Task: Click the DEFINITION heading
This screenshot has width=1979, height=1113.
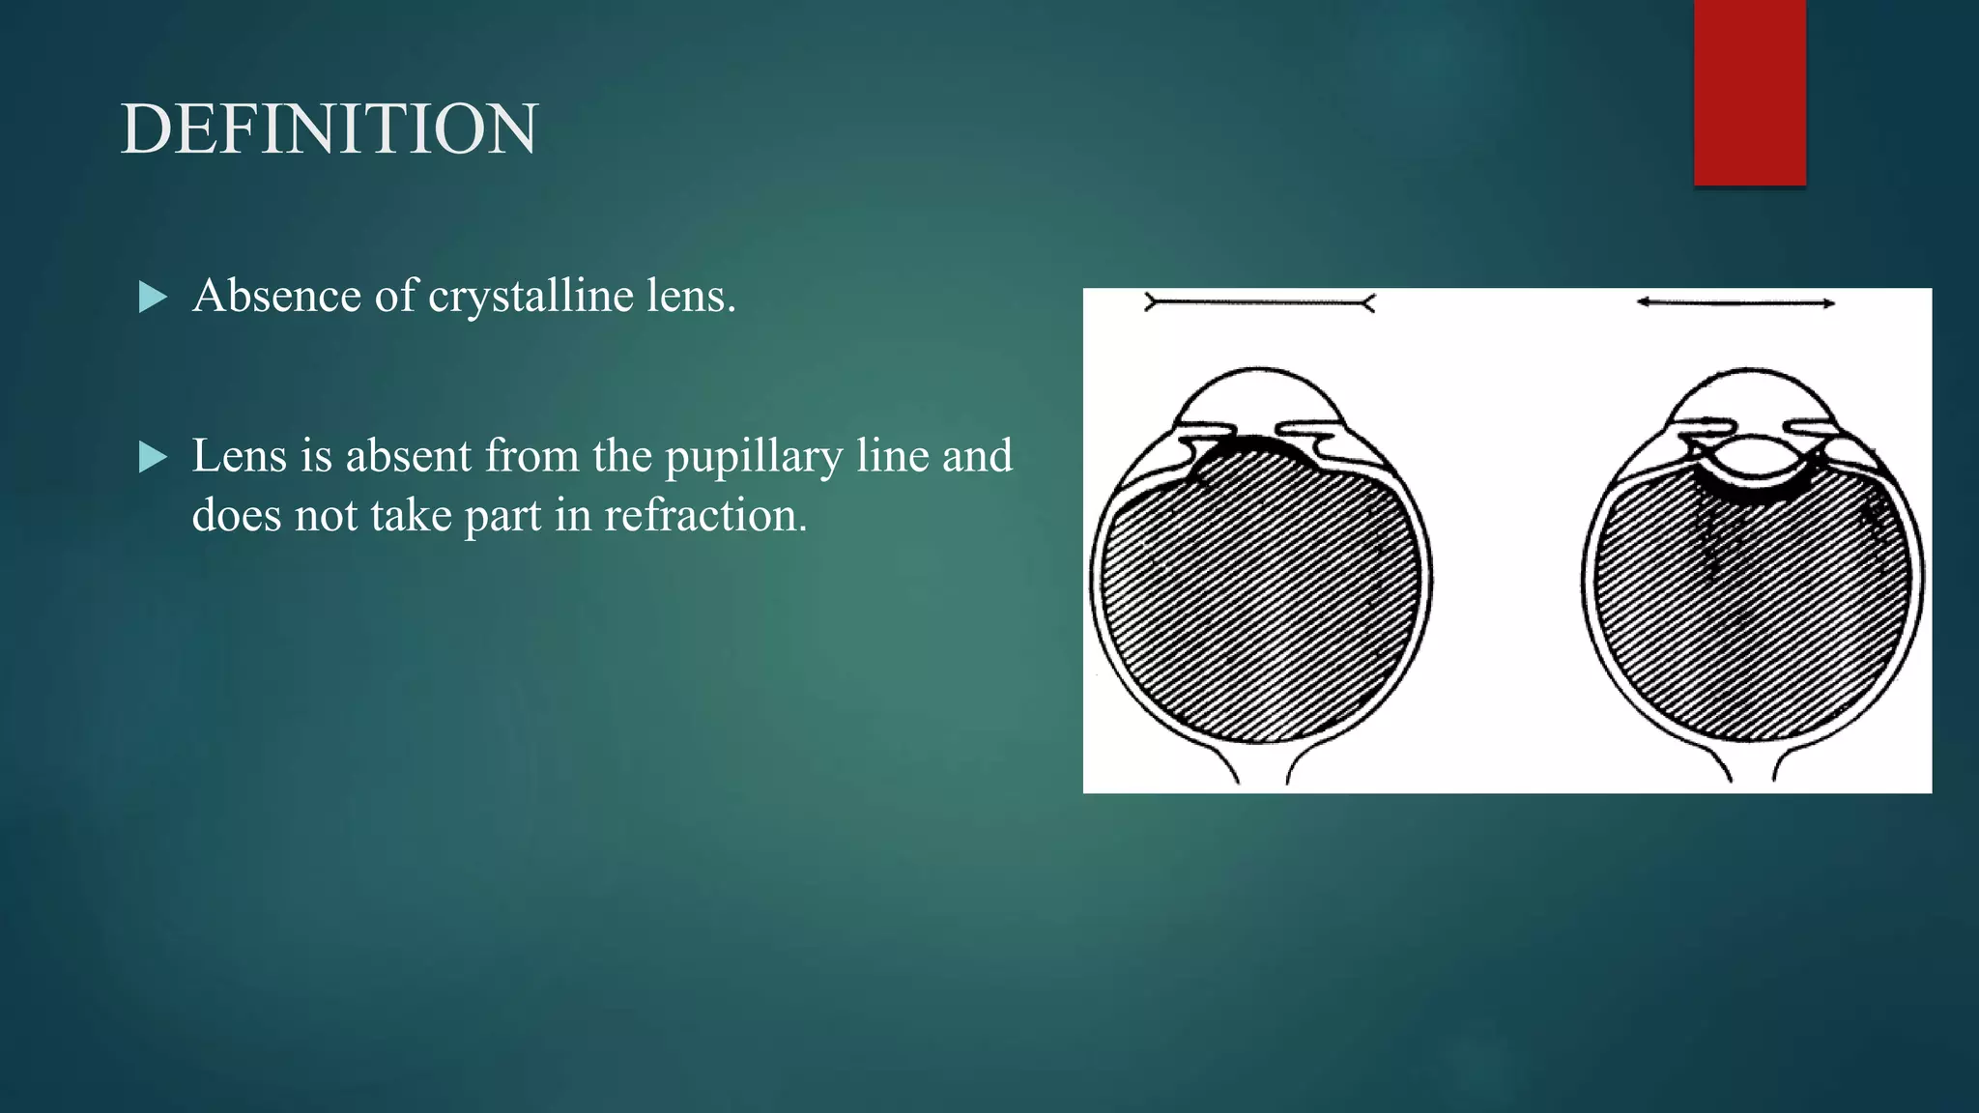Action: [329, 129]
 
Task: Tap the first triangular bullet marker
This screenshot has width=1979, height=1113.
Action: [153, 297]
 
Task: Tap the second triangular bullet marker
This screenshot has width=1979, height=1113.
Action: [153, 457]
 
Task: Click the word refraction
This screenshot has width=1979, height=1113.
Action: [705, 515]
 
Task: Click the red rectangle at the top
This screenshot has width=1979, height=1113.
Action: [1749, 92]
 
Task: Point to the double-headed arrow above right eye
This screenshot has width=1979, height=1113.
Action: [1735, 303]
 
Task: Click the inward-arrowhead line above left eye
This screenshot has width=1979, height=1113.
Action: [1259, 303]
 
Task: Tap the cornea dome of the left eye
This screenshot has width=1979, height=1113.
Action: [1257, 394]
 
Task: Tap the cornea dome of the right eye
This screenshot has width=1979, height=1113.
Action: [1750, 394]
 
